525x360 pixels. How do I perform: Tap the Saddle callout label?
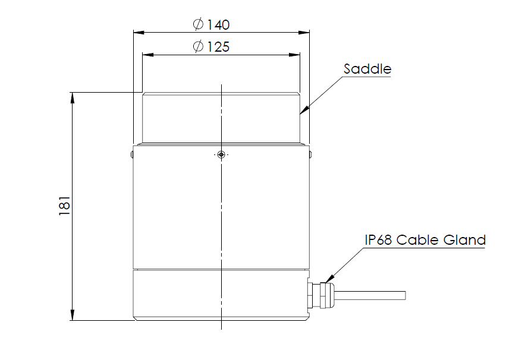point(367,68)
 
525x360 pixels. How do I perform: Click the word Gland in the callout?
point(465,240)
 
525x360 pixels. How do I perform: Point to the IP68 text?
point(379,240)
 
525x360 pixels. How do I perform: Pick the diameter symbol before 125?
point(199,47)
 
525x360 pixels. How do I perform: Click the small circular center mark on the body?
point(221,155)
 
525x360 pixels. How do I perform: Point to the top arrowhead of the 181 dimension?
point(73,97)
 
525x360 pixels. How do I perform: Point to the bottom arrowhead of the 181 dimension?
point(73,315)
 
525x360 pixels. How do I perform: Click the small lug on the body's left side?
point(131,156)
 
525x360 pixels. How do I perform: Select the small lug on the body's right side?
point(310,156)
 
